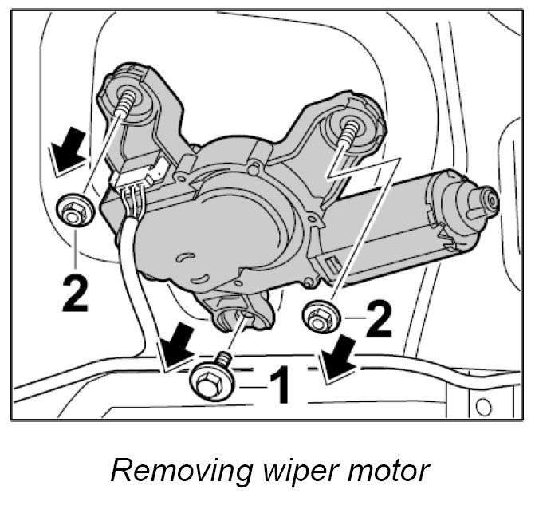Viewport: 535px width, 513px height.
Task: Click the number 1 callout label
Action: click(273, 385)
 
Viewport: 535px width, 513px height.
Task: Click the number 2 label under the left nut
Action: click(75, 288)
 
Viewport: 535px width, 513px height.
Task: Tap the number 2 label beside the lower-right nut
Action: click(380, 320)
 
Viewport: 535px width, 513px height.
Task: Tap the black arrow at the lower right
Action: click(337, 357)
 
